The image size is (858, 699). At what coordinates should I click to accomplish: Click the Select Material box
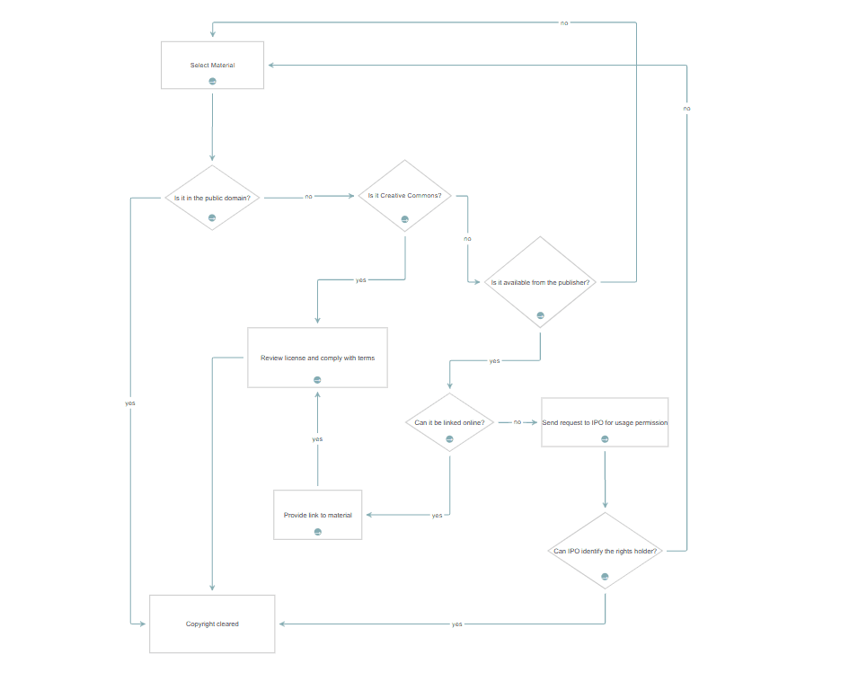pos(212,65)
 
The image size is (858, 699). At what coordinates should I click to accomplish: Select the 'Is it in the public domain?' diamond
pos(212,197)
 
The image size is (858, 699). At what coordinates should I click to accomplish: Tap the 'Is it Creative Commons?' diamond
pos(404,195)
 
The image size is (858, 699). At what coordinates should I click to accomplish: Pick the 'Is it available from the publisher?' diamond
pos(539,282)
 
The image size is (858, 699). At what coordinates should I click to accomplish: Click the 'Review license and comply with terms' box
pos(317,358)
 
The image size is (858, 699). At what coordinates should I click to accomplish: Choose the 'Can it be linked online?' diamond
pos(449,422)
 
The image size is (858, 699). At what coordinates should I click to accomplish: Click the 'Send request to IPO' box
pos(604,422)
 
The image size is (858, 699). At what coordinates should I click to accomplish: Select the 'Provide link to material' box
pos(317,515)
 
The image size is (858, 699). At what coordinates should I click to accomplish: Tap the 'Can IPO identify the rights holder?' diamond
pos(605,551)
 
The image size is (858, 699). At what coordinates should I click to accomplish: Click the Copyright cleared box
pos(212,624)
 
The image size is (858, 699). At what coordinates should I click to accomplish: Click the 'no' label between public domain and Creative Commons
pos(308,196)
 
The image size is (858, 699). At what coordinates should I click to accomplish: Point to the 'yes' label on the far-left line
pos(130,403)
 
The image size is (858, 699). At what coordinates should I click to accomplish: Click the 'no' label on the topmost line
pos(564,22)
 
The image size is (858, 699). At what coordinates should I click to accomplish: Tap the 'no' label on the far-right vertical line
pos(686,108)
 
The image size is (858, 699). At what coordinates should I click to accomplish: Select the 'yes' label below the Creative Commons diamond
pos(361,279)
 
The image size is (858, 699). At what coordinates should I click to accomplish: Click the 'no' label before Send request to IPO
pos(517,421)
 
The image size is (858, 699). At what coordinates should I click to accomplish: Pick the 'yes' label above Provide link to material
pos(317,439)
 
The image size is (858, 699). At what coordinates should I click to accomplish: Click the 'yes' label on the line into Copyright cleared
pos(457,624)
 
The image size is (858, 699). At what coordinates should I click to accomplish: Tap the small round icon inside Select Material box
pos(213,81)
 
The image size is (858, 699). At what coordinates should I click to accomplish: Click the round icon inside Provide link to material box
pos(318,532)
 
